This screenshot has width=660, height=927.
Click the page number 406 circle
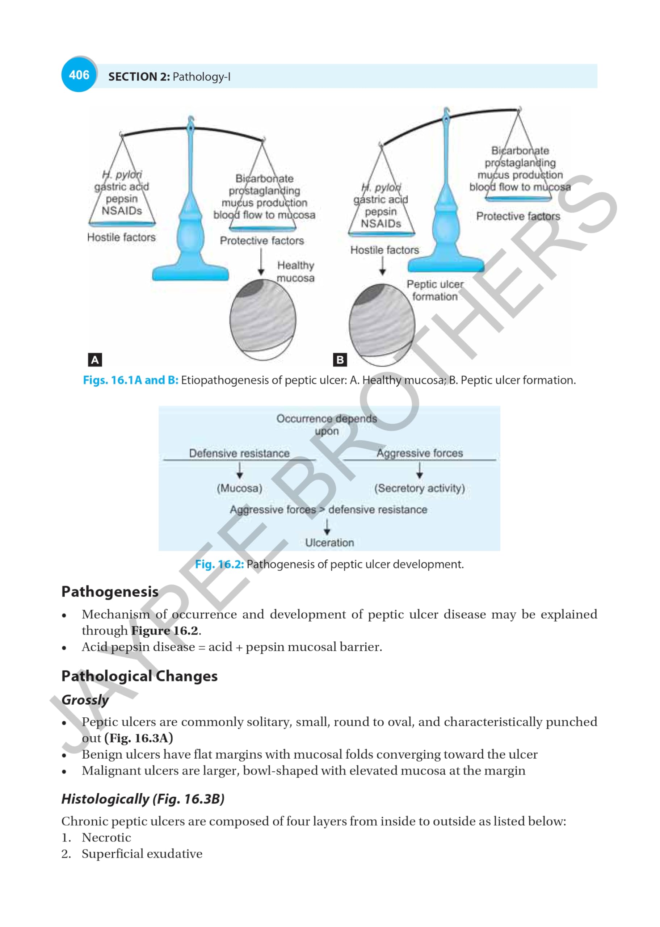[x=79, y=75]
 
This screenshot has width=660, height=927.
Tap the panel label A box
[x=95, y=360]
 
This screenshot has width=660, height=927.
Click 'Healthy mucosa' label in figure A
[x=295, y=272]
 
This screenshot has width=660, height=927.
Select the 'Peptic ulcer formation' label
[x=435, y=290]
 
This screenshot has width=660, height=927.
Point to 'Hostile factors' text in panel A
[x=121, y=237]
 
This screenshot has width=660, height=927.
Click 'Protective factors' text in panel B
[x=518, y=216]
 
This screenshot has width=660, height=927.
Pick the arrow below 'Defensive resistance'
[x=240, y=470]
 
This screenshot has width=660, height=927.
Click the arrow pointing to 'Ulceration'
[x=327, y=527]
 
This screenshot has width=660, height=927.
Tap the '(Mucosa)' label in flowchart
[x=239, y=488]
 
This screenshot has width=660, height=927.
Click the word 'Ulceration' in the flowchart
[x=329, y=542]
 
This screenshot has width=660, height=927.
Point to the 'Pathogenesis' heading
[x=110, y=592]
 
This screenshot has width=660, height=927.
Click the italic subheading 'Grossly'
[x=85, y=700]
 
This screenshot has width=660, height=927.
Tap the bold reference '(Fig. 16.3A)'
[x=139, y=738]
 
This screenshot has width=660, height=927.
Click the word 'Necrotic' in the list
[x=106, y=837]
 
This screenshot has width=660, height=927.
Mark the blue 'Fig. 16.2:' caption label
[x=219, y=564]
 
